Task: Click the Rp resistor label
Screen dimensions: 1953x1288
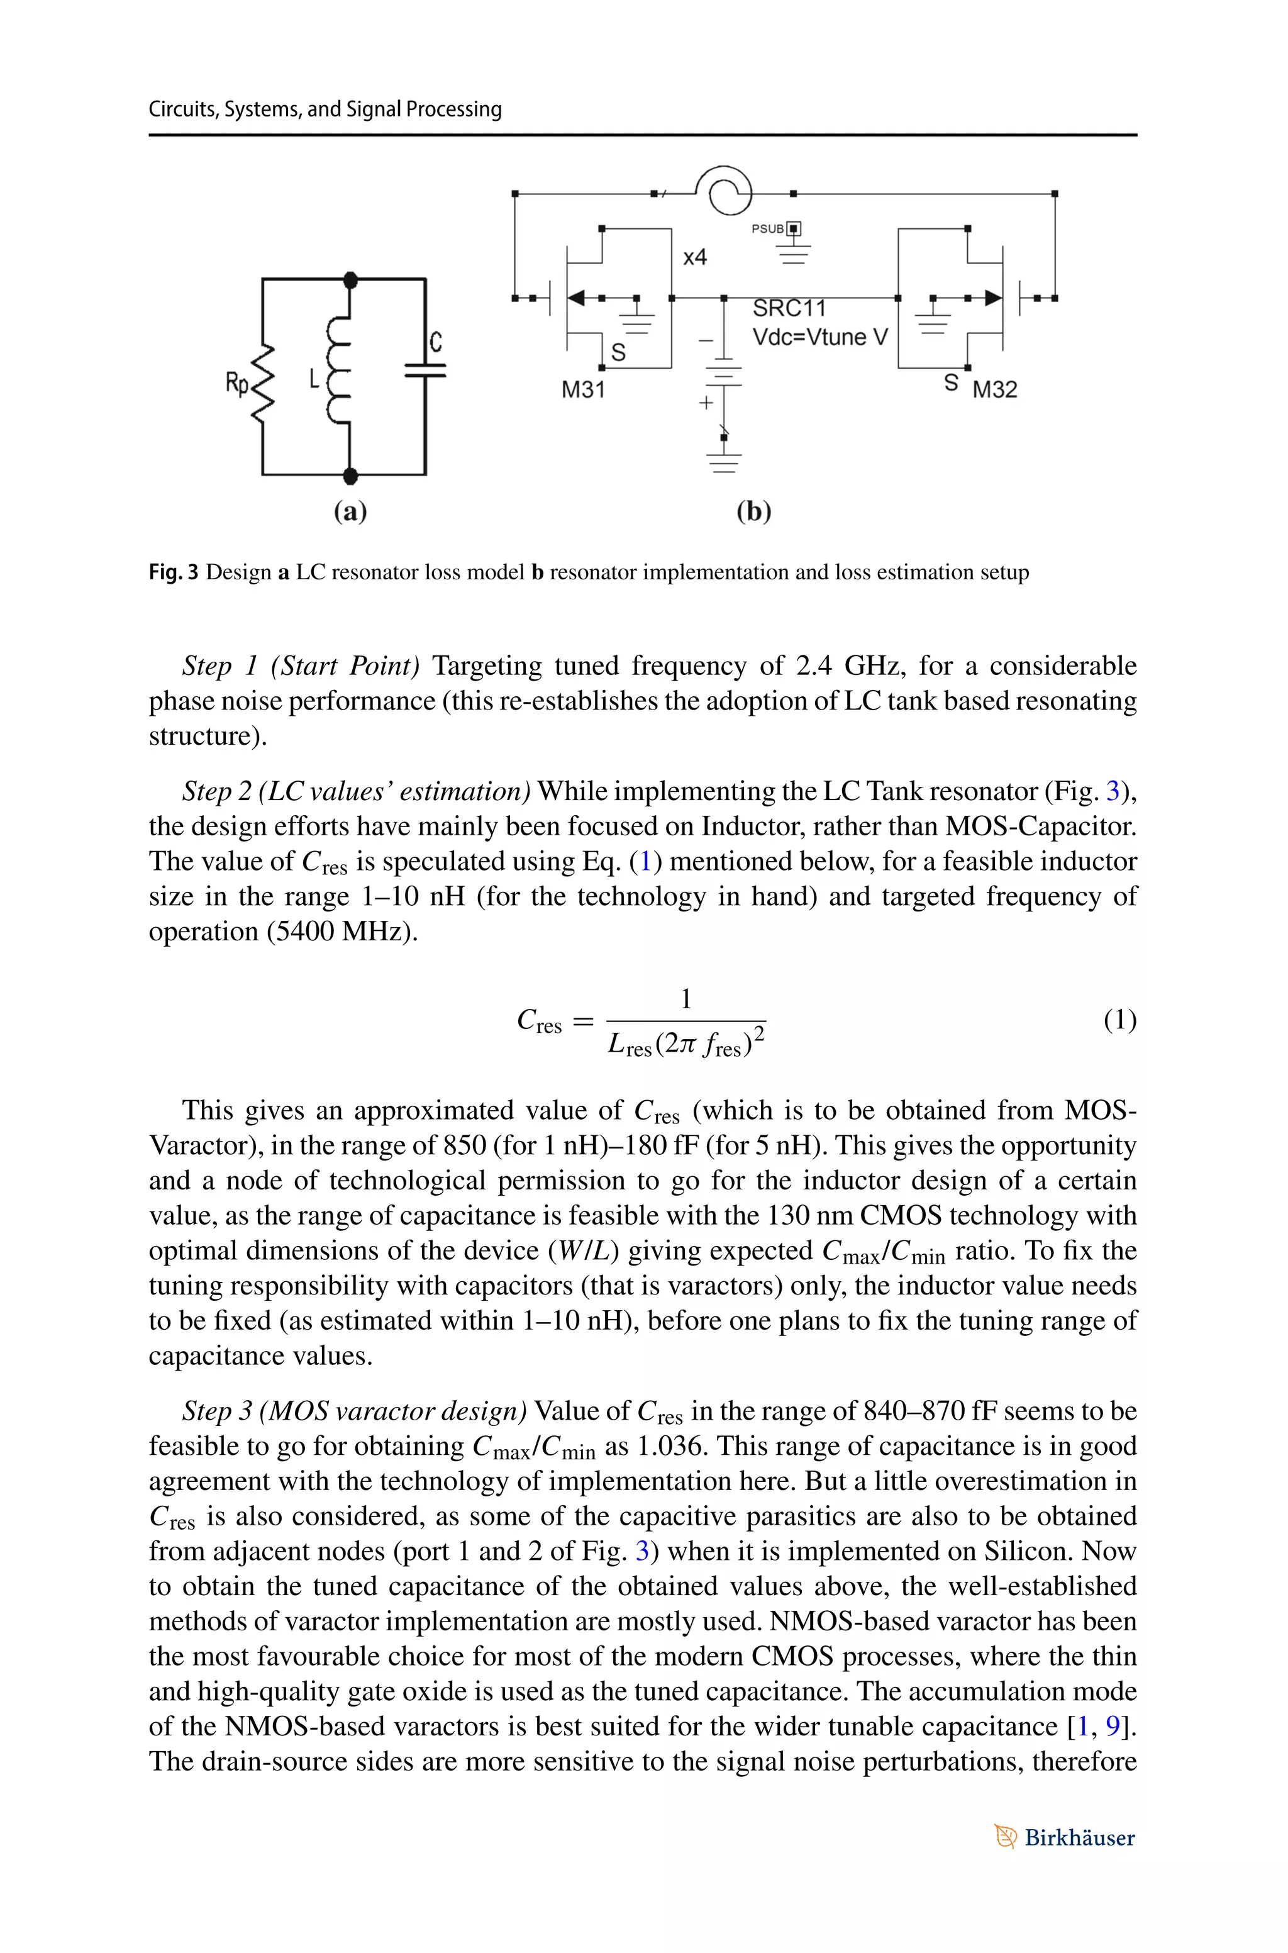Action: click(237, 382)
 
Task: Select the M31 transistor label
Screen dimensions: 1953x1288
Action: click(583, 390)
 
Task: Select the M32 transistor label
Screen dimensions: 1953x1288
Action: click(995, 390)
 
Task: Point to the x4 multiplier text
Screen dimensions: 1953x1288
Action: click(695, 258)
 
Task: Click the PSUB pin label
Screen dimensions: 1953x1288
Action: click(768, 229)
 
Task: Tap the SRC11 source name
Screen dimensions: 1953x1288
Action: click(789, 309)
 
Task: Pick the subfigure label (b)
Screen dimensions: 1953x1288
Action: click(753, 511)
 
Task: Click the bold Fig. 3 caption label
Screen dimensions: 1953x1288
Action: click(174, 572)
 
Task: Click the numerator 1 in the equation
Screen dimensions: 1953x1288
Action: click(686, 999)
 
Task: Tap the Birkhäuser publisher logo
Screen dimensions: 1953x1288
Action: click(1065, 1837)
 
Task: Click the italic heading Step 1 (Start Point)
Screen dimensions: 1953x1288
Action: click(301, 665)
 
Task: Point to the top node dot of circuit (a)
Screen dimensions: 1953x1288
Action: click(351, 280)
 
